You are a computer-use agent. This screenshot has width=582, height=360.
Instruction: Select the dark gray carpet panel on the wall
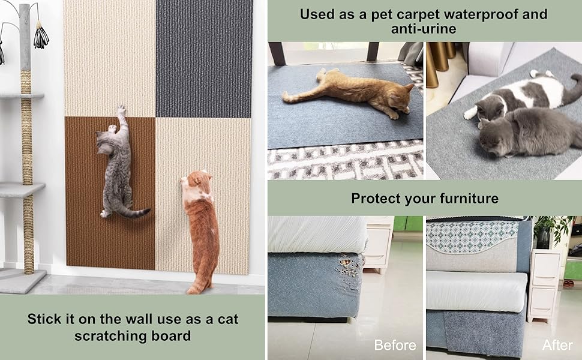[x=203, y=59]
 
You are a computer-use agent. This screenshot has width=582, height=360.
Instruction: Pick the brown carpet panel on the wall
[x=110, y=193]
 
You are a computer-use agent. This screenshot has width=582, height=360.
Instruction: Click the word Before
[x=395, y=345]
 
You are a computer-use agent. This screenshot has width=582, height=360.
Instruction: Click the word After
[x=557, y=345]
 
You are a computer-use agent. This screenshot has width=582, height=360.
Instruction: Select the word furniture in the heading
[x=469, y=199]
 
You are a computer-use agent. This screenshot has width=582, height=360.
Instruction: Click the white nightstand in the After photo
[x=544, y=284]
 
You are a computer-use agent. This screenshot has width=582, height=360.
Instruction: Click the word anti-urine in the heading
[x=424, y=29]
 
